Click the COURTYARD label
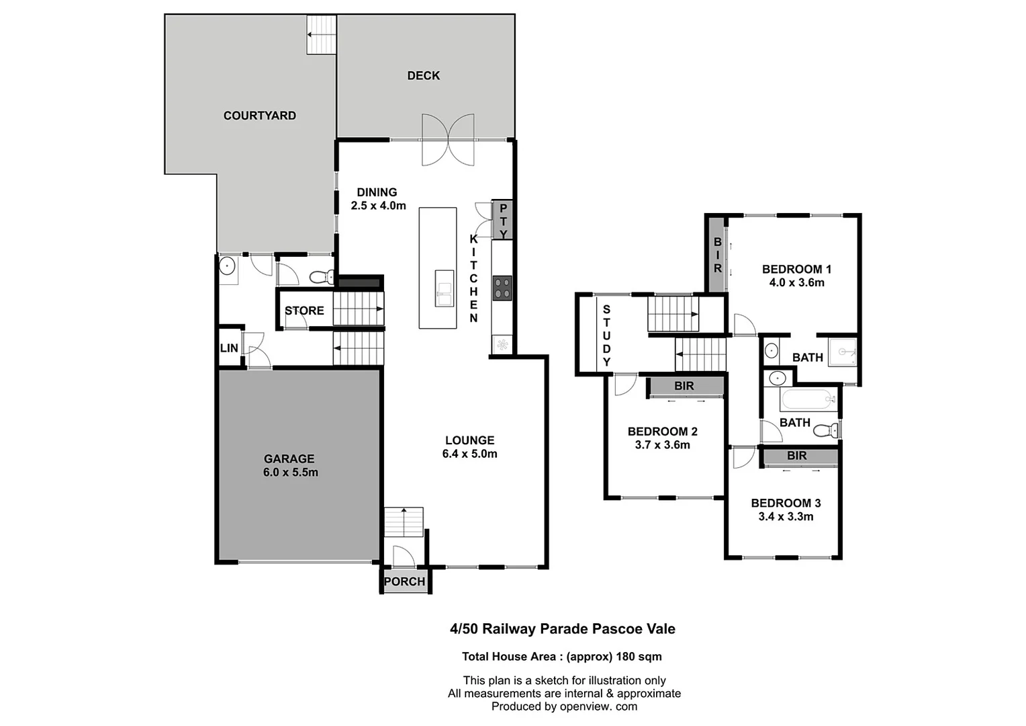coord(259,116)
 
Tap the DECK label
coord(424,76)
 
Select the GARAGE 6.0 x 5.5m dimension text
coord(290,473)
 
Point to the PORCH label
coord(404,581)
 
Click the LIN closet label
coord(229,348)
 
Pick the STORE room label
coord(304,311)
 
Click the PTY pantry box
coord(503,220)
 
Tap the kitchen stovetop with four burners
coord(502,288)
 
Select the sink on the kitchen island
coord(444,288)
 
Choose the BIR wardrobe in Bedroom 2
coord(684,386)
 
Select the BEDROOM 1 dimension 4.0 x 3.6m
coord(796,283)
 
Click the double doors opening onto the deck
coord(448,139)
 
